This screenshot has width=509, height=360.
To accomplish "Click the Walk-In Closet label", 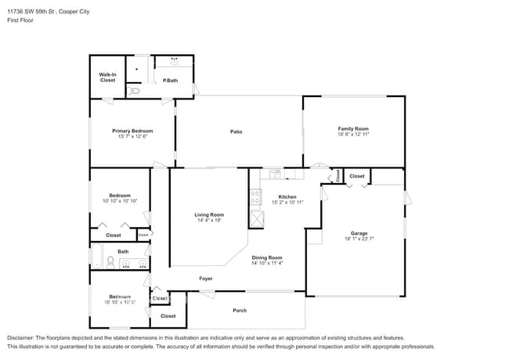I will pos(107,77).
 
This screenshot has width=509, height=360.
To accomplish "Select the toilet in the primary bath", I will pos(135,91).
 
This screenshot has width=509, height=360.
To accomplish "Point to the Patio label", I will pos(236,131).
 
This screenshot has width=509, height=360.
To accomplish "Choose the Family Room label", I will pos(353,128).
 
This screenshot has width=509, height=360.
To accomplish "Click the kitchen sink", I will pos(275,174).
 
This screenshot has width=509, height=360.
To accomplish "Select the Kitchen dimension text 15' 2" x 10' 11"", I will pos(287,203).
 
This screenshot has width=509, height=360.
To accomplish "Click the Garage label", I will pos(359,234).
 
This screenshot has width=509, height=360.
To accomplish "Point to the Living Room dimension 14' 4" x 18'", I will pos(209,221).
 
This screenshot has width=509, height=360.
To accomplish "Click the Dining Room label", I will pos(266,257).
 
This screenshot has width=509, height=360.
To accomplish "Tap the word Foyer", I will pos(205,279).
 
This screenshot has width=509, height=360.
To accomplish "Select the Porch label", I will pos(240,311).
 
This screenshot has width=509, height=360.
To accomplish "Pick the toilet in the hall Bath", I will pos(112,262).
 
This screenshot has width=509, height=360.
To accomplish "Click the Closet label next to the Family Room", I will pos(357,177).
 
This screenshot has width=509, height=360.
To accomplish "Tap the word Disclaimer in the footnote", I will pos(23,337).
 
